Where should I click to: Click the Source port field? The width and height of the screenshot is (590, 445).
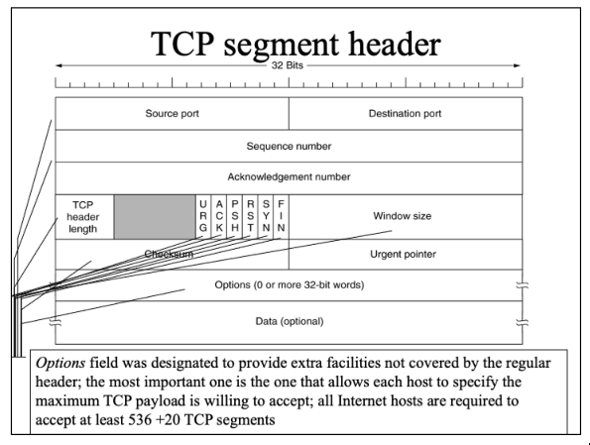(172, 114)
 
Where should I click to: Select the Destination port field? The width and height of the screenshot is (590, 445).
(406, 114)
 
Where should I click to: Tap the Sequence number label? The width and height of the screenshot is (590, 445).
(289, 146)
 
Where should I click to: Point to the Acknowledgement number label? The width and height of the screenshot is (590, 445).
(289, 176)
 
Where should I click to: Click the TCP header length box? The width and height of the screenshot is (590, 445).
(84, 217)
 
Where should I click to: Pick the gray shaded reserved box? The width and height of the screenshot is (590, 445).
(155, 217)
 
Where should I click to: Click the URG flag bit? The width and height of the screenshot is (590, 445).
(203, 217)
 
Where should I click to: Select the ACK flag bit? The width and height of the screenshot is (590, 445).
(219, 217)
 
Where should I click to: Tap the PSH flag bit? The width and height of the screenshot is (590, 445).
(235, 217)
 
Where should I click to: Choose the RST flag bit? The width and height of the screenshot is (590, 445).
(250, 217)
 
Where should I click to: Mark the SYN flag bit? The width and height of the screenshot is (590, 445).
(266, 217)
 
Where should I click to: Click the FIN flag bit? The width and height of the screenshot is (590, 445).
(281, 217)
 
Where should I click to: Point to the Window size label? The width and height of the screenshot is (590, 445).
(403, 216)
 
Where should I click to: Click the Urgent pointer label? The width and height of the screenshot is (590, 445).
(403, 255)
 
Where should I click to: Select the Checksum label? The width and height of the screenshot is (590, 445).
(169, 254)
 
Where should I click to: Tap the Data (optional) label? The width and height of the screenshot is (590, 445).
(290, 322)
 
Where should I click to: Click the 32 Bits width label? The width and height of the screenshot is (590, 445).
(288, 65)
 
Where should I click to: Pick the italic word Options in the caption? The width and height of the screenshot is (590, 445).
(60, 364)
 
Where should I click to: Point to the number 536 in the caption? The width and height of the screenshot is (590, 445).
(140, 419)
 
